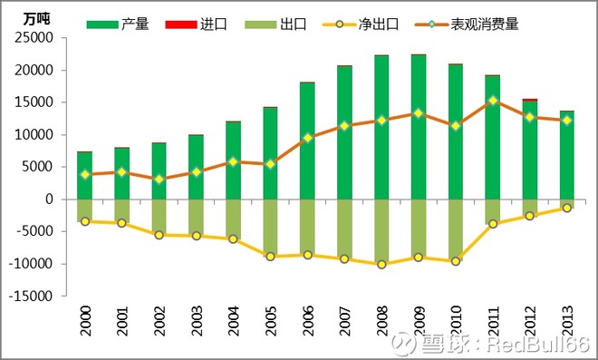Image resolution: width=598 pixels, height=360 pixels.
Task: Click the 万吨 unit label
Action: (x=37, y=18)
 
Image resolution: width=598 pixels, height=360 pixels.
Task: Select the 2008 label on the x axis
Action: (x=382, y=321)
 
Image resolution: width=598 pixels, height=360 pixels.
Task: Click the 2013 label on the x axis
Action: (x=567, y=321)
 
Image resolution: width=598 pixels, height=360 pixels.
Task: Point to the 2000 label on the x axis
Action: (x=85, y=321)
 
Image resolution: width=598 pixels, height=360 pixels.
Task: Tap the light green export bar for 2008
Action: (x=381, y=231)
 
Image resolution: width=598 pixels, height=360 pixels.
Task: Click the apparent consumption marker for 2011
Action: (x=493, y=101)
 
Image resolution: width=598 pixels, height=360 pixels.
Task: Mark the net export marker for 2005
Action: (x=270, y=257)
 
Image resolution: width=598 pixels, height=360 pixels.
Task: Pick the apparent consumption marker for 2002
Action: (x=159, y=180)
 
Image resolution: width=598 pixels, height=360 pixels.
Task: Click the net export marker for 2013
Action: (x=567, y=208)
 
